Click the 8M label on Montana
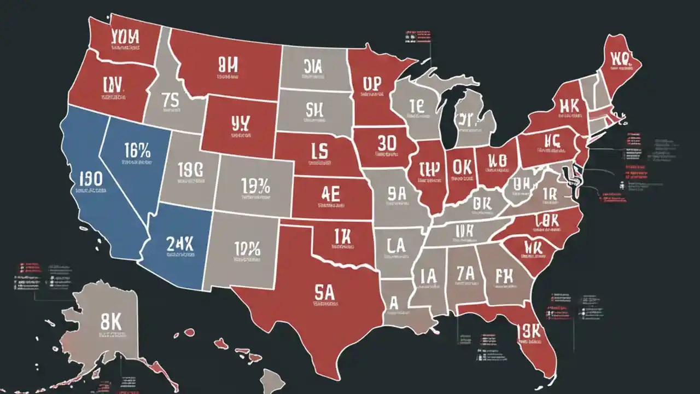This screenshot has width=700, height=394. pyautogui.click(x=228, y=65)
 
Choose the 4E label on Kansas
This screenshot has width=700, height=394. pyautogui.click(x=331, y=194)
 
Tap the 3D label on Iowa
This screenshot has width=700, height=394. pyautogui.click(x=386, y=143)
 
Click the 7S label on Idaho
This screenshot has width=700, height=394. pyautogui.click(x=171, y=101)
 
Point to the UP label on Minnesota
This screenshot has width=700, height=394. pyautogui.click(x=371, y=83)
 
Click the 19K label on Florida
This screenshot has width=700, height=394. pyautogui.click(x=528, y=330)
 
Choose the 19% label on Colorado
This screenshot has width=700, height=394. pyautogui.click(x=255, y=186)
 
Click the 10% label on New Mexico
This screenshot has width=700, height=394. pyautogui.click(x=247, y=248)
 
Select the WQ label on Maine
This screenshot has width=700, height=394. pyautogui.click(x=622, y=57)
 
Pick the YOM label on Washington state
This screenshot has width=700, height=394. pyautogui.click(x=125, y=36)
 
